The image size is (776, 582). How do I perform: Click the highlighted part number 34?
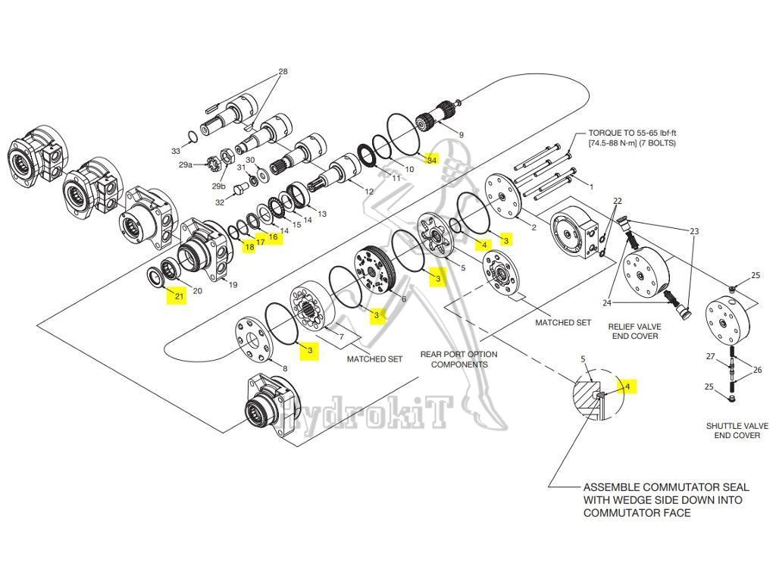click(x=431, y=160)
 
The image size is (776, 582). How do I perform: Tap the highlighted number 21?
click(x=179, y=296)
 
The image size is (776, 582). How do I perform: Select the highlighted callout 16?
click(x=273, y=237)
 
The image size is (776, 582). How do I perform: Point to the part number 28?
click(x=283, y=72)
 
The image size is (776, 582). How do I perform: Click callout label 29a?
click(x=185, y=164)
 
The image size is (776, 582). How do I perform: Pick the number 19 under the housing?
click(x=233, y=285)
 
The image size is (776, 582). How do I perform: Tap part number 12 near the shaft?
click(x=369, y=192)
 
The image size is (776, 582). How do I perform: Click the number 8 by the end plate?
click(x=284, y=368)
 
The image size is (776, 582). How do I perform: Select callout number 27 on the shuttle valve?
click(x=711, y=355)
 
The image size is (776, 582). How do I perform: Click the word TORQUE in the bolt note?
click(x=606, y=132)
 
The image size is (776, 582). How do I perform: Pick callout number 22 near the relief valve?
click(x=618, y=201)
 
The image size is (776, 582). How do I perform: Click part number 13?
click(x=322, y=214)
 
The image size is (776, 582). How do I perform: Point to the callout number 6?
click(x=403, y=299)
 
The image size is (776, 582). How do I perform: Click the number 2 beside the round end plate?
click(x=533, y=227)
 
